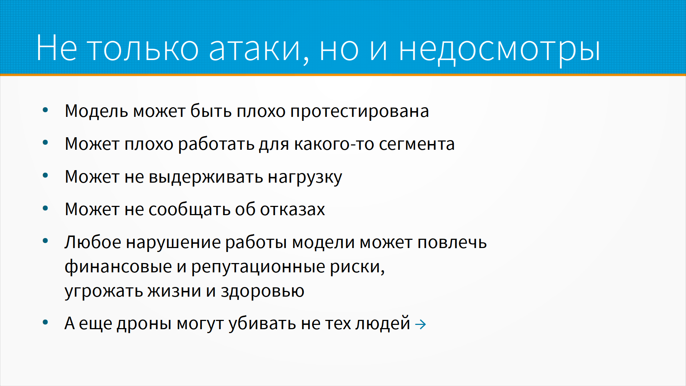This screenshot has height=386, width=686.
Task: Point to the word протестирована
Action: (359, 112)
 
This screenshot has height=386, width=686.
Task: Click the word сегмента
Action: (417, 144)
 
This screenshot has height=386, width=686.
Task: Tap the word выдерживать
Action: (206, 177)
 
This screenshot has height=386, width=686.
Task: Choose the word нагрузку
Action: (305, 178)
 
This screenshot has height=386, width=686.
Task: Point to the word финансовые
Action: (118, 267)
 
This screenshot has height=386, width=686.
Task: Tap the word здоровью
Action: (263, 292)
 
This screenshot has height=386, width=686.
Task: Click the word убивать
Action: (262, 323)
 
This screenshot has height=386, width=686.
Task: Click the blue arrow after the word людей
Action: (421, 325)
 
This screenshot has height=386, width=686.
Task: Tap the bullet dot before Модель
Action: (45, 110)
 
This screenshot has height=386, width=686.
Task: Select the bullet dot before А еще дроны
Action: (45, 322)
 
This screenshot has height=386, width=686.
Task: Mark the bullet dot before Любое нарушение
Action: (45, 241)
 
